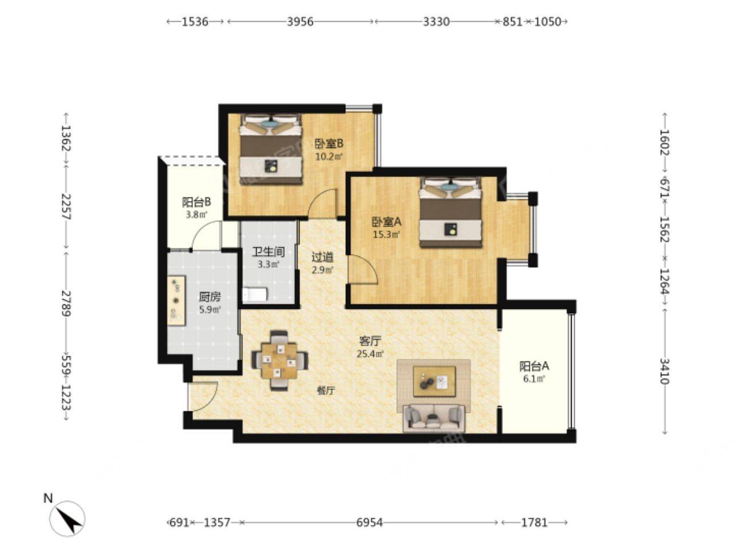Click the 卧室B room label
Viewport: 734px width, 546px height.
(x=329, y=144)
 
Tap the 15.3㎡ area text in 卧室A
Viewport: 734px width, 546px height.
(x=387, y=235)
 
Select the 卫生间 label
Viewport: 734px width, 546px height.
(x=268, y=252)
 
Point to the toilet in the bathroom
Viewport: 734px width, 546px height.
(x=254, y=294)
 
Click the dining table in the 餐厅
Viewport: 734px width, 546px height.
(x=280, y=360)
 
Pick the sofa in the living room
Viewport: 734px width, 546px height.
(x=434, y=418)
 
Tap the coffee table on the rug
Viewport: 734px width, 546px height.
(x=434, y=382)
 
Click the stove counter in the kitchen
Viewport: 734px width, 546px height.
(x=176, y=300)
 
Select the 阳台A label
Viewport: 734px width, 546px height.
(x=534, y=366)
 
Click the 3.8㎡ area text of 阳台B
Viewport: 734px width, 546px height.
(x=196, y=215)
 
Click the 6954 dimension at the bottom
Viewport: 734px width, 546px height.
(x=369, y=523)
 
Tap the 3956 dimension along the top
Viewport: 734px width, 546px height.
(x=300, y=22)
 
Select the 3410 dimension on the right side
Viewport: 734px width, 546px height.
(x=664, y=371)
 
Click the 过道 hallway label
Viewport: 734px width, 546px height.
(x=322, y=257)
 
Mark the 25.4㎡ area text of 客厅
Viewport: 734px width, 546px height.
(x=370, y=354)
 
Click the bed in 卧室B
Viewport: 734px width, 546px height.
(x=271, y=149)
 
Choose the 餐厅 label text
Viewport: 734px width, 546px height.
(x=326, y=391)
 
